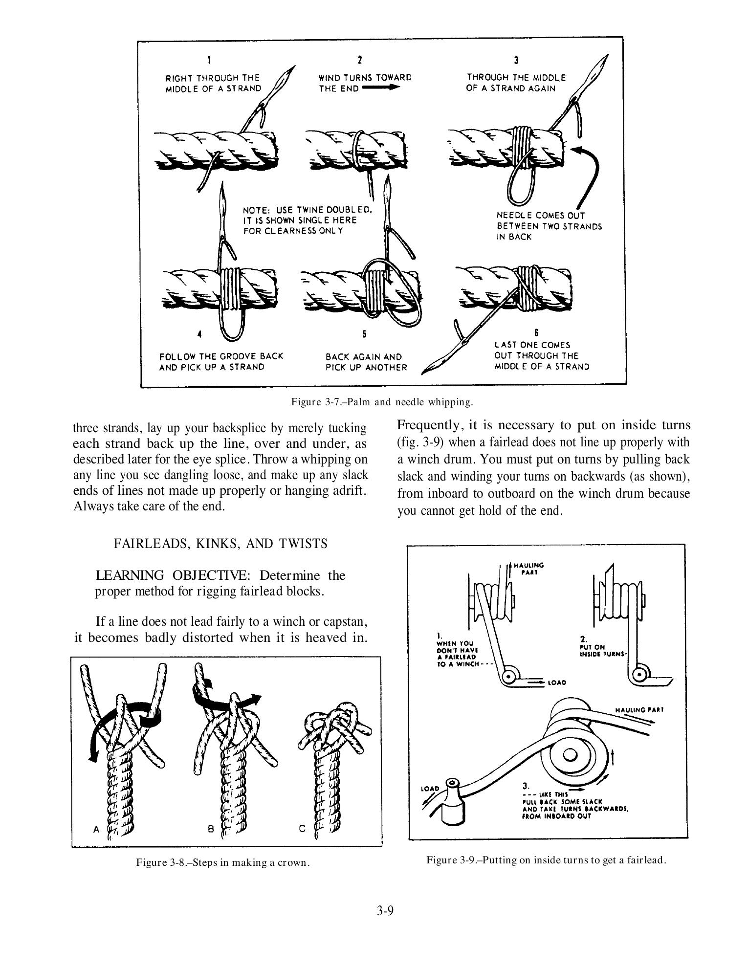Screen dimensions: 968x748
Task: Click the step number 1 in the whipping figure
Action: point(209,61)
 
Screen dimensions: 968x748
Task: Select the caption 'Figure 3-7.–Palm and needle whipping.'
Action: point(382,402)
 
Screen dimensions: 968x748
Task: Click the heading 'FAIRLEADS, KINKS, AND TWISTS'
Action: point(220,544)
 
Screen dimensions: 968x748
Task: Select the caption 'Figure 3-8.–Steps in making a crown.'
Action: point(223,862)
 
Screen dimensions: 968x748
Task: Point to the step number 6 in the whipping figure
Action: point(536,332)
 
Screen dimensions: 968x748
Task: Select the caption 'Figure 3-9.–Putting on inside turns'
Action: point(546,860)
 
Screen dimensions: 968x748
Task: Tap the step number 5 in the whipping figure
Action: point(364,334)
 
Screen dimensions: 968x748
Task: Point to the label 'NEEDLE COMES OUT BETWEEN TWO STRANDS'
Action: point(549,226)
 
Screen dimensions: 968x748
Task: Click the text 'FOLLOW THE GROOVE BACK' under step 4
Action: point(221,356)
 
